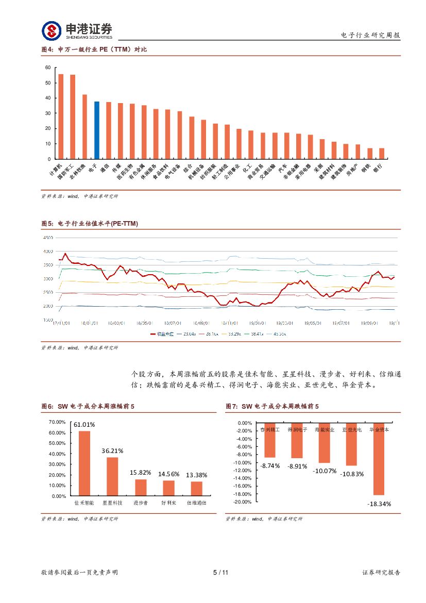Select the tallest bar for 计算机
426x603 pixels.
tap(61, 116)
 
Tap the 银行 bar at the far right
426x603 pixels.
tap(382, 154)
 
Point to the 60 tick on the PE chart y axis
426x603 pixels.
tap(48, 68)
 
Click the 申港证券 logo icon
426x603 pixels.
tap(51, 30)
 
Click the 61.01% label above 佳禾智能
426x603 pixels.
tap(84, 425)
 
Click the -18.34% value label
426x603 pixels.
tap(379, 504)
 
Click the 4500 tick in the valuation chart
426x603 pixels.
tap(48, 238)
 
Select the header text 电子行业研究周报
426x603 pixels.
tap(370, 35)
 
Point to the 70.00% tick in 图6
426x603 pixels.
tap(57, 422)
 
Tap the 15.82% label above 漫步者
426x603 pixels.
tap(141, 473)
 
